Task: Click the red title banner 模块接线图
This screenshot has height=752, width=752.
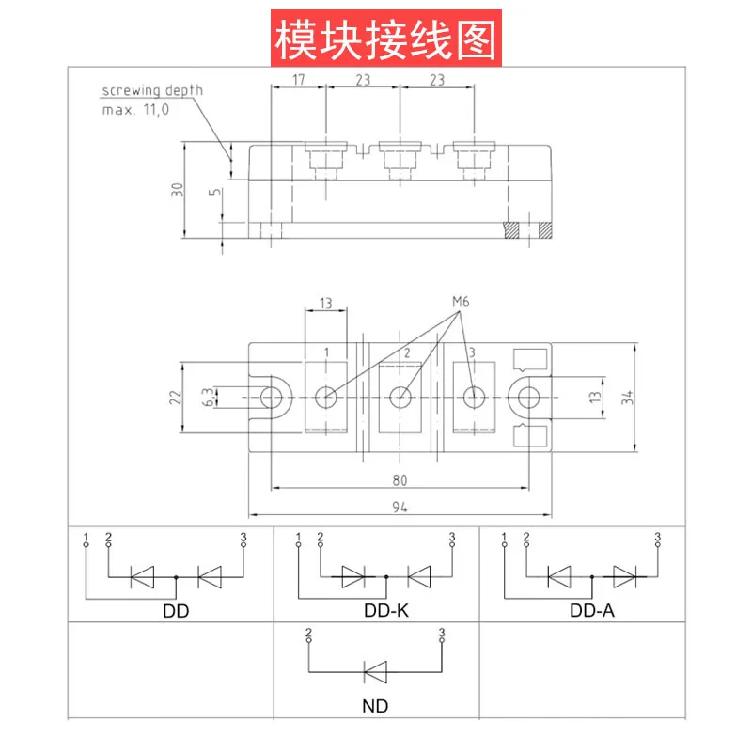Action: pyautogui.click(x=386, y=39)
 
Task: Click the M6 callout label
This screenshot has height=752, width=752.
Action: pyautogui.click(x=461, y=302)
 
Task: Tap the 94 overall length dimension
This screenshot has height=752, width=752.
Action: pyautogui.click(x=399, y=507)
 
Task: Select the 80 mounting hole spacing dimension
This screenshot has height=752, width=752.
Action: pyautogui.click(x=399, y=480)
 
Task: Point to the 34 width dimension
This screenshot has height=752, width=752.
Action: pyautogui.click(x=627, y=398)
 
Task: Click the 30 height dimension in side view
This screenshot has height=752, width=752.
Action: pyautogui.click(x=177, y=190)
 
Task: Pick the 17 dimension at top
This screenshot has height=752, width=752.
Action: pyautogui.click(x=298, y=80)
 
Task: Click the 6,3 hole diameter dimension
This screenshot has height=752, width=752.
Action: pyautogui.click(x=209, y=398)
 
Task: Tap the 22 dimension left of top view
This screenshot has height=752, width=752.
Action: pyautogui.click(x=176, y=398)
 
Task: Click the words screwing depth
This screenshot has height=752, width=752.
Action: pyautogui.click(x=152, y=90)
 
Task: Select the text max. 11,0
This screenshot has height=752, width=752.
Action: pyautogui.click(x=135, y=110)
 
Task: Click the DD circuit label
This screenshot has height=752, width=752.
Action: pyautogui.click(x=176, y=611)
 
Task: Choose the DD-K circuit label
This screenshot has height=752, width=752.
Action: pyautogui.click(x=386, y=610)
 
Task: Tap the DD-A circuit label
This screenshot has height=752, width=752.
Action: pyautogui.click(x=592, y=610)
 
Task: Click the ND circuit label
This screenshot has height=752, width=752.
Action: pyautogui.click(x=375, y=706)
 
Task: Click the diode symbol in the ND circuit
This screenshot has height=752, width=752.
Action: pyautogui.click(x=375, y=672)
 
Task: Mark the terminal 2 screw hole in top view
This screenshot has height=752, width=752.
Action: pyautogui.click(x=400, y=398)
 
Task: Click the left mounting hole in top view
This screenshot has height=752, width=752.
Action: pyautogui.click(x=272, y=398)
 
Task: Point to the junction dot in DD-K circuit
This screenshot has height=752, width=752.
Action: pyautogui.click(x=386, y=577)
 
